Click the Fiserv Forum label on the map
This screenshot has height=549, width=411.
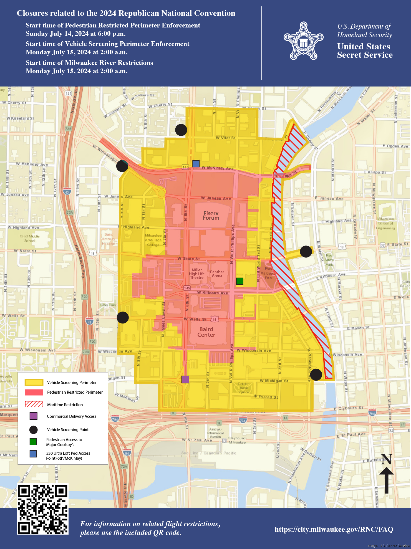tap(211, 216)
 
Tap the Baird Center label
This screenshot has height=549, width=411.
tap(206, 332)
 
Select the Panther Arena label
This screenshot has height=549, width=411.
tap(217, 274)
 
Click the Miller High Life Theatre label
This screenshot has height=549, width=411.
tap(197, 274)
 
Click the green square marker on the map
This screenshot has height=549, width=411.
tap(239, 281)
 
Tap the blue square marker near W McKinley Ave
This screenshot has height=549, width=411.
tap(196, 164)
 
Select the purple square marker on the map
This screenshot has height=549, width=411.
tap(185, 379)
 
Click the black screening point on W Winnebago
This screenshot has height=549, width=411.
tap(122, 166)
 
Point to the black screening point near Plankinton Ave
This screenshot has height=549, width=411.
tap(316, 375)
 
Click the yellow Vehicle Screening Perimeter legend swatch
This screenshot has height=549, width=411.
tap(34, 382)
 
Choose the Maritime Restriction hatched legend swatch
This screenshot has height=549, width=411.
tap(34, 404)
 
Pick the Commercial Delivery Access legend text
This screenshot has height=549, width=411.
tap(72, 416)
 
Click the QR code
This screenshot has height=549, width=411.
tap(43, 509)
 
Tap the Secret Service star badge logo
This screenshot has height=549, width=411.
tap(304, 41)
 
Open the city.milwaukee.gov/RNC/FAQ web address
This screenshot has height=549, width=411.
tap(334, 529)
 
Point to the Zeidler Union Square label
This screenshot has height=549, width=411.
tap(243, 388)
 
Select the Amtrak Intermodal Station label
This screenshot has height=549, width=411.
tap(216, 433)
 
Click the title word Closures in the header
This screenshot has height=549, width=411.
tap(32, 13)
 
